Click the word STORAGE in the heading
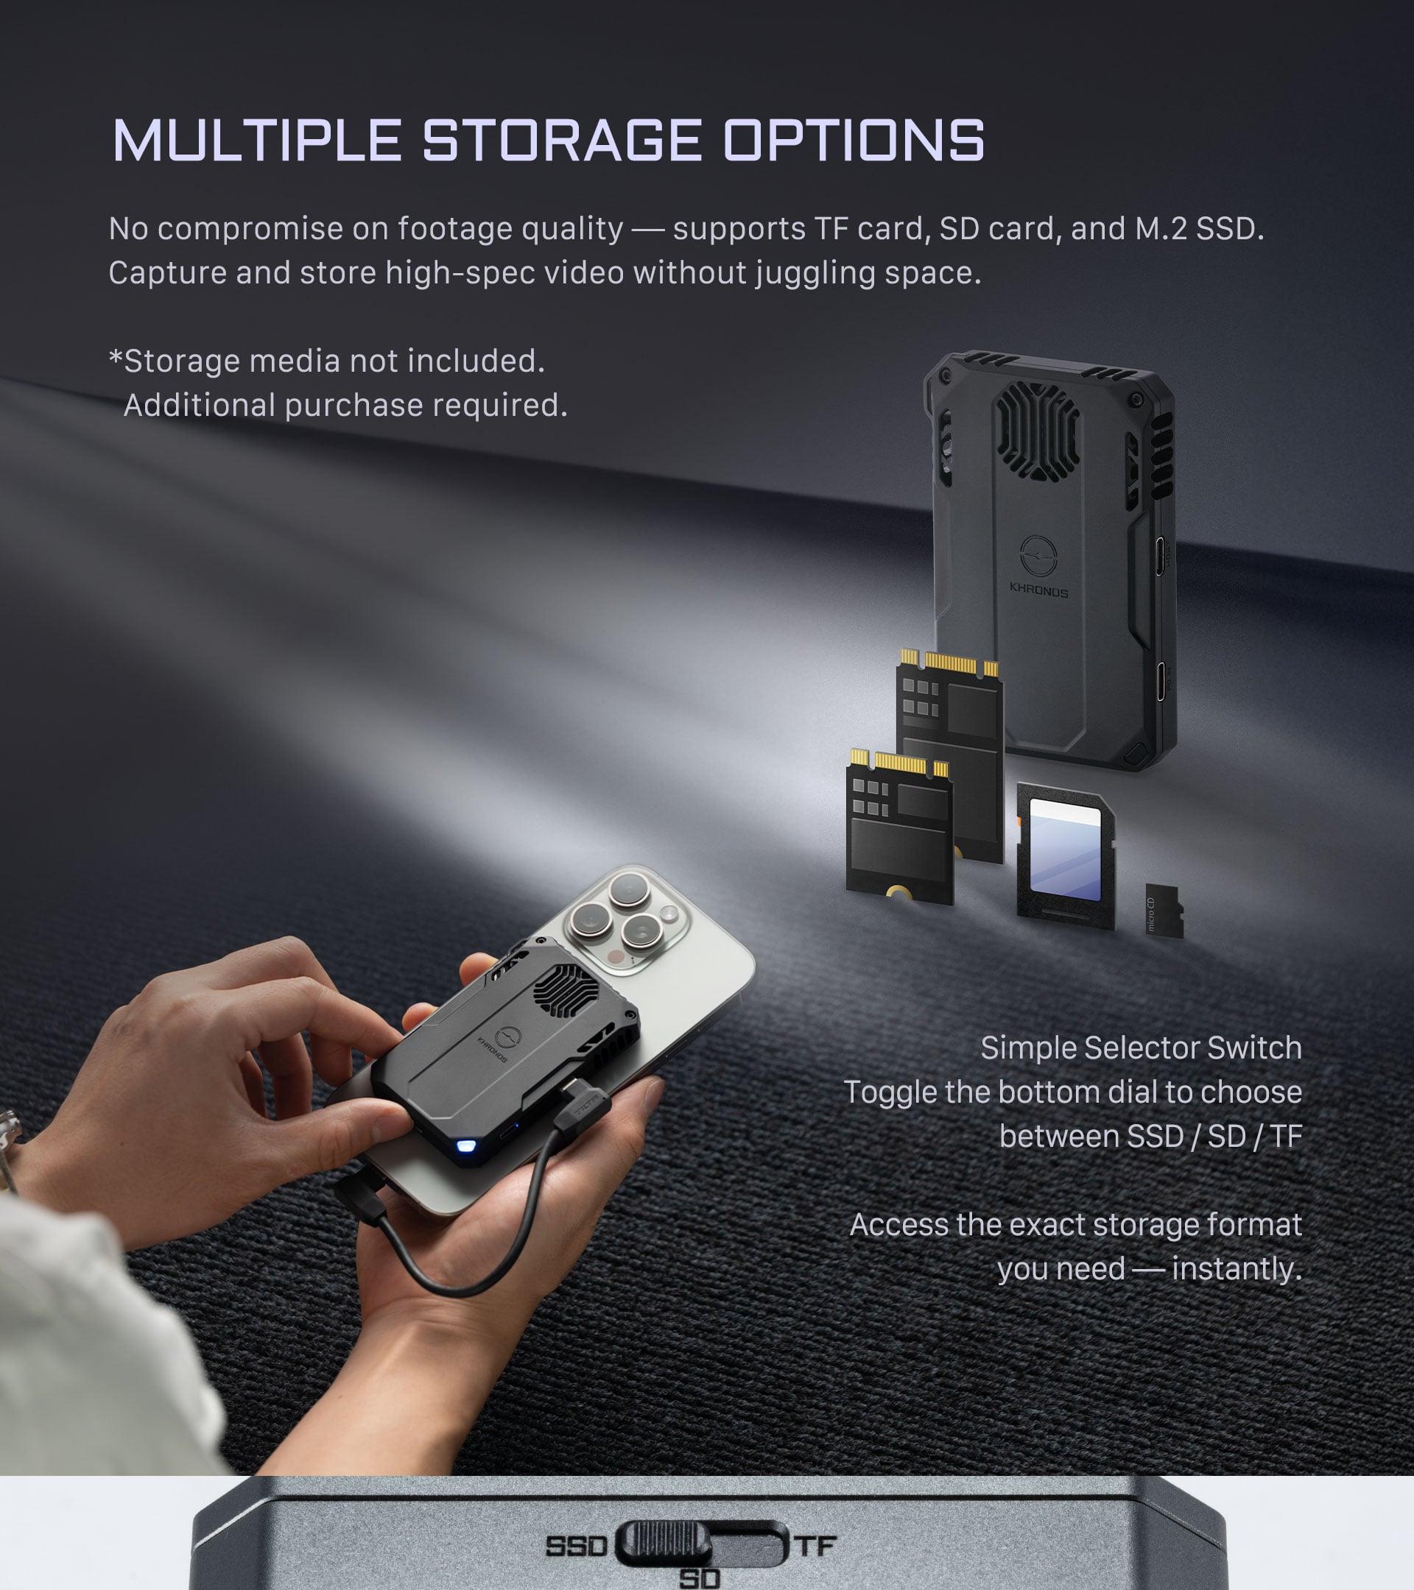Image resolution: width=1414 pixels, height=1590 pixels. pos(562,141)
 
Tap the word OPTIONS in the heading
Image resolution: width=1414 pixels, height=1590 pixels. pos(854,141)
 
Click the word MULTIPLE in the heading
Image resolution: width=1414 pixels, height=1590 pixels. pos(257,141)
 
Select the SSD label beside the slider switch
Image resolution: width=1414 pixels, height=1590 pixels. pos(576,1546)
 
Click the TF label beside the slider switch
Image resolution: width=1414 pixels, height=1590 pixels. pos(815,1545)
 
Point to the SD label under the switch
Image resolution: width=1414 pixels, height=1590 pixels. pos(700,1578)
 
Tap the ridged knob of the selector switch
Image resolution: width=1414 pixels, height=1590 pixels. pos(664,1543)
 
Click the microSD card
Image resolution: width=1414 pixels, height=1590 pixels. pos(1164,911)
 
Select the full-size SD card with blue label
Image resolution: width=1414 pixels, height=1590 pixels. pos(1066,856)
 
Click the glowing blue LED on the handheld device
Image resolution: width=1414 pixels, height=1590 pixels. pos(466,1146)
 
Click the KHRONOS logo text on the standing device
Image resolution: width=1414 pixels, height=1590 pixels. pos(1039,590)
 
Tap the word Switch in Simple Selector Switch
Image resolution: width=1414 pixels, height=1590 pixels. pos(1254,1047)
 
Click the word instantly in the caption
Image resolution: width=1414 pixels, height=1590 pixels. pos(1237,1269)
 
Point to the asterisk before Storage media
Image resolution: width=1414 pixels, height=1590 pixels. pos(116,358)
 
